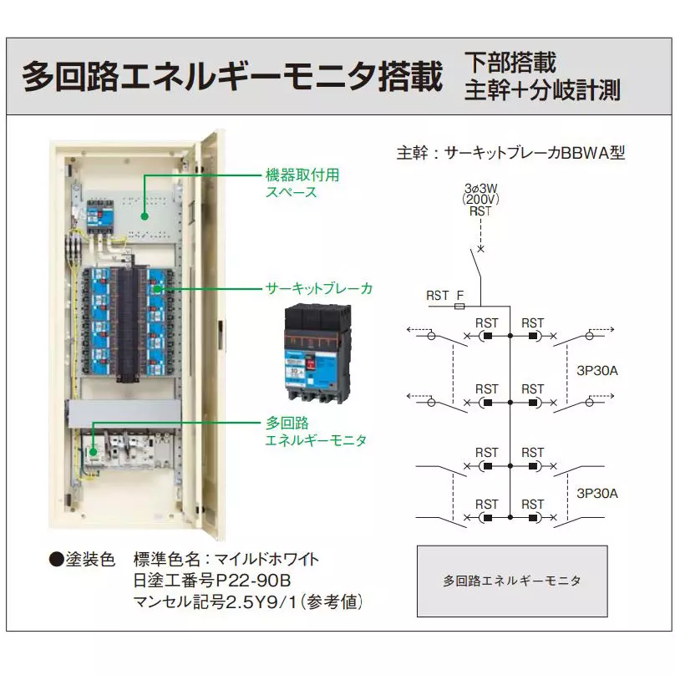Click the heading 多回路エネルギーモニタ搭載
[x=231, y=76]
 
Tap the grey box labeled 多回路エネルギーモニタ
[x=511, y=581]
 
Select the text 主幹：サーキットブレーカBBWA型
[x=510, y=154]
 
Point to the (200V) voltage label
[x=480, y=200]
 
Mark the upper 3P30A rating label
[x=597, y=368]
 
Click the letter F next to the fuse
[x=459, y=295]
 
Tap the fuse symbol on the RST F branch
[x=459, y=307]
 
